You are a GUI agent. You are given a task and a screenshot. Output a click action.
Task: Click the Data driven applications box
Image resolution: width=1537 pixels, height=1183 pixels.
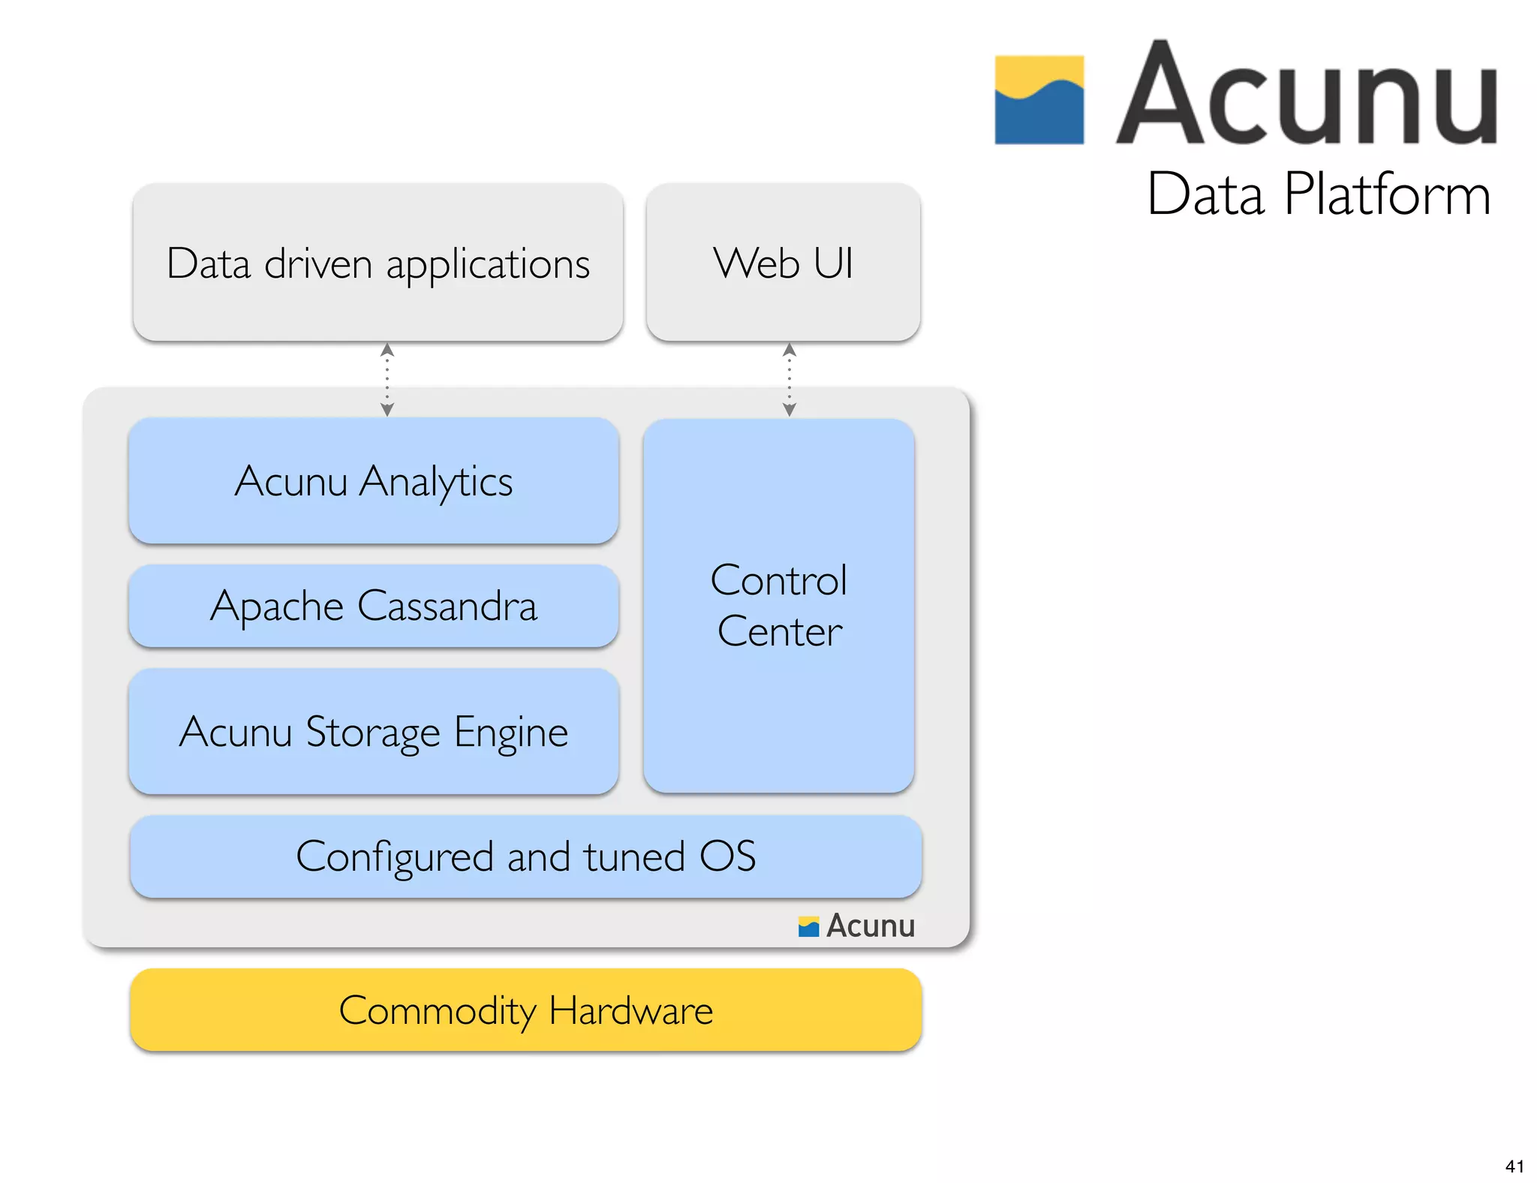click(377, 263)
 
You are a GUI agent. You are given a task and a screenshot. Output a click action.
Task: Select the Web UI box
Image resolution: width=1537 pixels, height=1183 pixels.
click(783, 263)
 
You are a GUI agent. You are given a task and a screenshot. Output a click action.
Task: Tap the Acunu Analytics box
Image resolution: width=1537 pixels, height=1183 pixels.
click(373, 480)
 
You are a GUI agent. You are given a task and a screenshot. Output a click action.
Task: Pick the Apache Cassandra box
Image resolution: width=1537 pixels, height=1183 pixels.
click(373, 606)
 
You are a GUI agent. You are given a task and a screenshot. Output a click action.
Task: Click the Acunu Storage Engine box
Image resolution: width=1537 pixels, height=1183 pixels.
click(373, 732)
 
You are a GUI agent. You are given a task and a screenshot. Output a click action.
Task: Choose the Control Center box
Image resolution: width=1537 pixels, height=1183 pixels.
click(778, 605)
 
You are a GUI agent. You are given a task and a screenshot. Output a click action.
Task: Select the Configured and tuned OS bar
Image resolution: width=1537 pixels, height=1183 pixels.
click(525, 856)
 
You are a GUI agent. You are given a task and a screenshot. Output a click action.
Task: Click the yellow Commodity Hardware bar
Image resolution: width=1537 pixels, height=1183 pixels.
click(525, 1010)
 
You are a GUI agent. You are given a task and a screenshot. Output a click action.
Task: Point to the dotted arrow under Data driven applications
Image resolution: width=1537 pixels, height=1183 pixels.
click(387, 380)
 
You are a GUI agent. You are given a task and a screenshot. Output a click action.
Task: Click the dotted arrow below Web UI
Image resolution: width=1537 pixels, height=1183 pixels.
click(789, 380)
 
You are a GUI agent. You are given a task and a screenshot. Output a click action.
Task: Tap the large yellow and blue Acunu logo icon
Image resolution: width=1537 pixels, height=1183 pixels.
click(1039, 100)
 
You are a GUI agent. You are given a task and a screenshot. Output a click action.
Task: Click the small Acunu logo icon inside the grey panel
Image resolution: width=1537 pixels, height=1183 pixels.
click(808, 927)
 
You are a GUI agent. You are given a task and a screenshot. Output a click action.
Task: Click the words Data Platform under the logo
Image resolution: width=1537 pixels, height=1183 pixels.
click(1319, 194)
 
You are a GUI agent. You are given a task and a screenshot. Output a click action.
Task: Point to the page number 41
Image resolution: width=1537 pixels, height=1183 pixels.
click(1514, 1166)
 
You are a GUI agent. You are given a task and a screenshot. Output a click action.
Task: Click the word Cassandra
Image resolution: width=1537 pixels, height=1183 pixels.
click(447, 606)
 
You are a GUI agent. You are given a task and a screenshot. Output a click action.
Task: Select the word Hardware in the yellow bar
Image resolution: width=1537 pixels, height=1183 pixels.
click(630, 1010)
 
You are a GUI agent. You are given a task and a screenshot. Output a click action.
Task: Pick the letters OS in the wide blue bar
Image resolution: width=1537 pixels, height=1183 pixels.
click(727, 856)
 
